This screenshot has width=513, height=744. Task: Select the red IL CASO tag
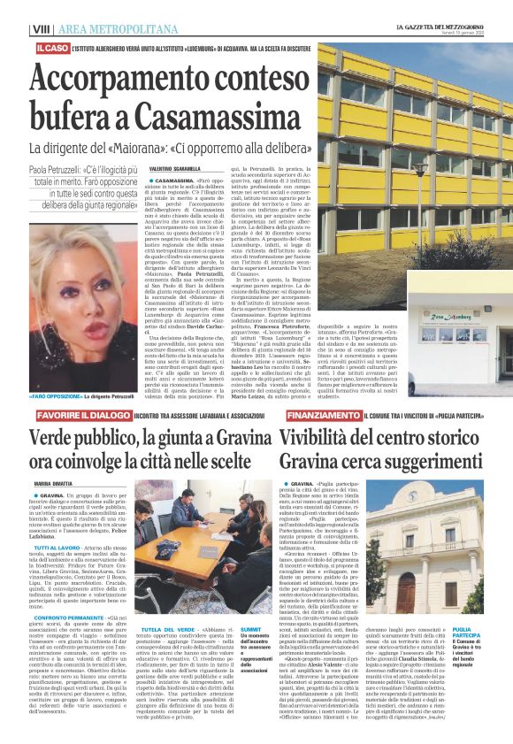pos(52,46)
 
